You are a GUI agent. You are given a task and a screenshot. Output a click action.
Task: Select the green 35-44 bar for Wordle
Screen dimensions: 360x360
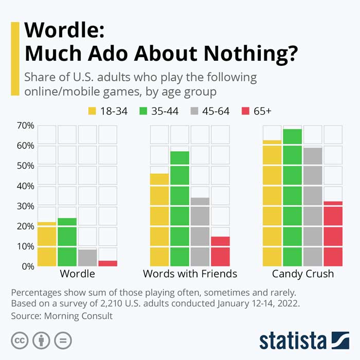point(67,242)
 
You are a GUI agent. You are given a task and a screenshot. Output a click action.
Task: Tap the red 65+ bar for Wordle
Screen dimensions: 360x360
point(107,263)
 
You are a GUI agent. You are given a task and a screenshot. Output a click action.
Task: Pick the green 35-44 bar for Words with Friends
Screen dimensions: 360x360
point(179,208)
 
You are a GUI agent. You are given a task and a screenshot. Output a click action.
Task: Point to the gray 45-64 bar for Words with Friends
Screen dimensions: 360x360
point(200,231)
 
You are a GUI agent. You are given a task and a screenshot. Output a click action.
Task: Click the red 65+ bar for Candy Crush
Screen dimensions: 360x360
point(333,233)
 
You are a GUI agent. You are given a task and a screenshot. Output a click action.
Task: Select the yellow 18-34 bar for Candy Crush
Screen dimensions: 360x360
point(272,203)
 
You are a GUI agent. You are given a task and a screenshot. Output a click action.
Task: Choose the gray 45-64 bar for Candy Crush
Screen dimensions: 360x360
point(313,206)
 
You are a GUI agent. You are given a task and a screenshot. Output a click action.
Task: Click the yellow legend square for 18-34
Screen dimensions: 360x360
point(93,111)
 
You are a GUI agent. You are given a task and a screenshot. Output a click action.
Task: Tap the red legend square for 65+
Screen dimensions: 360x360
point(246,111)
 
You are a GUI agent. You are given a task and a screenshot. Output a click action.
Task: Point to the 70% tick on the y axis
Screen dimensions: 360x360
point(25,125)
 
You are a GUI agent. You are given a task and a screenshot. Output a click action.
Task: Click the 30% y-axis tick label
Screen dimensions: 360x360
point(25,206)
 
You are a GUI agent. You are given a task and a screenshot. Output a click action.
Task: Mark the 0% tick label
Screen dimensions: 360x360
point(27,266)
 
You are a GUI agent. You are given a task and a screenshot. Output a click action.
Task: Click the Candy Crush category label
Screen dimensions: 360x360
point(303,274)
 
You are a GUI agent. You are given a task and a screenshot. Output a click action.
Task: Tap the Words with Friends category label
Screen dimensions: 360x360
point(190,274)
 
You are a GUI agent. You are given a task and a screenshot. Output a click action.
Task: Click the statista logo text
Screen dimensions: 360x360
point(293,340)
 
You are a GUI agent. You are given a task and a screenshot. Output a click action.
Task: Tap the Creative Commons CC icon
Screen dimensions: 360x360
point(20,340)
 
